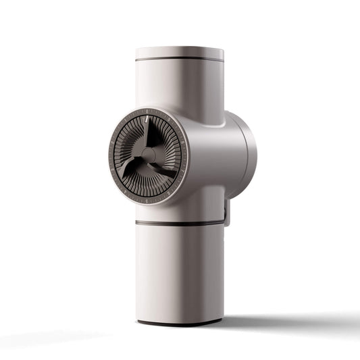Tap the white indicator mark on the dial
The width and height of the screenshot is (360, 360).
pos(146,120)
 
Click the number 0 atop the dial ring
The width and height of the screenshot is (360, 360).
pos(147,110)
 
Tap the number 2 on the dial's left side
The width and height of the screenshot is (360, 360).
pos(112,141)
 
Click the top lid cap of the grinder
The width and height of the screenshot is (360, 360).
pos(180,52)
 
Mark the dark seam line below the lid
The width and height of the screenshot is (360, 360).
pos(180,61)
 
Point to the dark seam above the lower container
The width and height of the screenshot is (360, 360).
pos(180,222)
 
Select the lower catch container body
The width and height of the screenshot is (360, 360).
pos(180,270)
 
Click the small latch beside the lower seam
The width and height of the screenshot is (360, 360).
pos(227,215)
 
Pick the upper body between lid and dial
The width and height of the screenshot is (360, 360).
pos(180,88)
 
